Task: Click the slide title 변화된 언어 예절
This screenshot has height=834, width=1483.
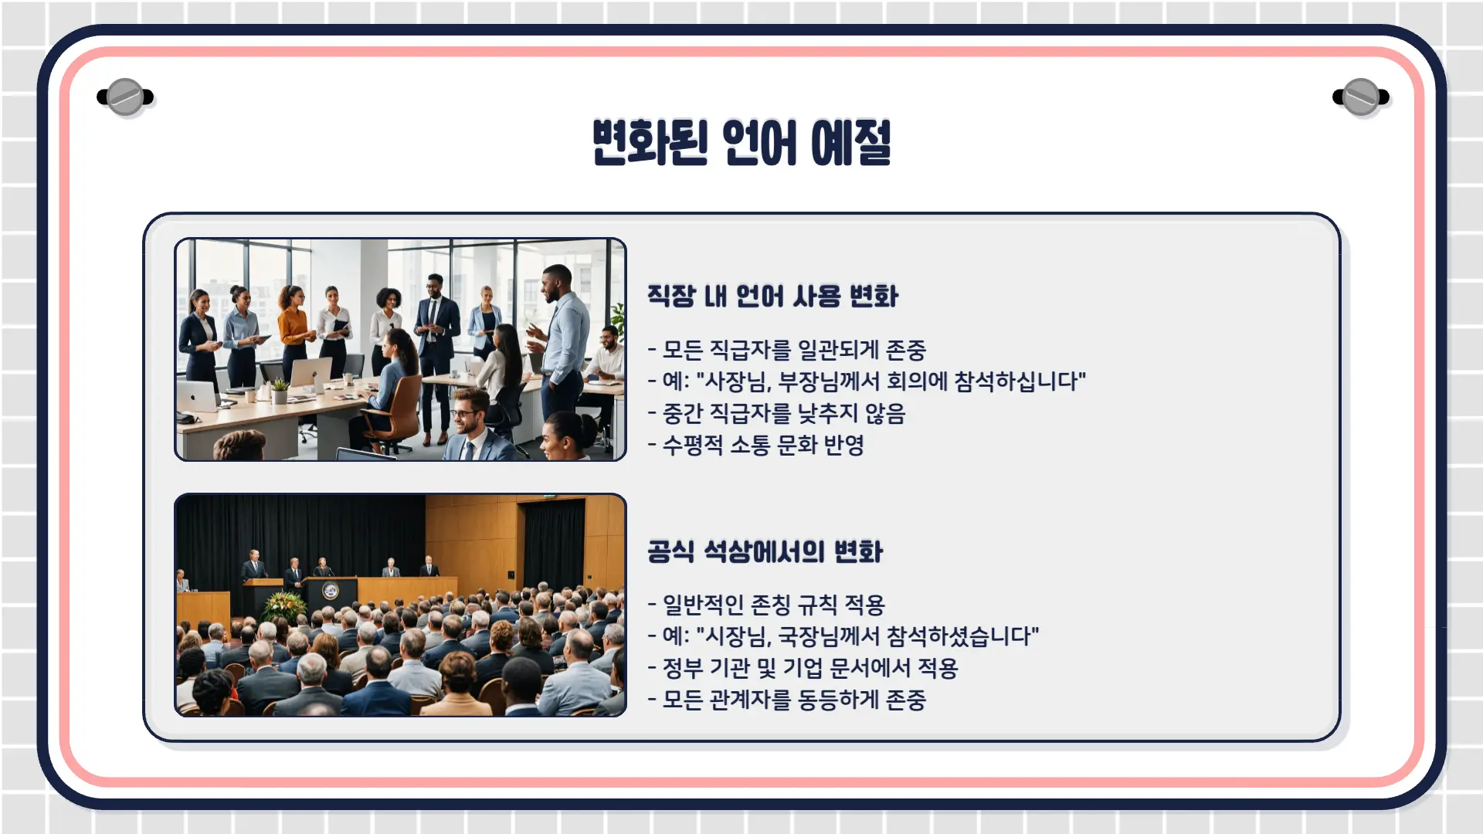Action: (741, 142)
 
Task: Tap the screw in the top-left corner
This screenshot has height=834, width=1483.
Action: (125, 97)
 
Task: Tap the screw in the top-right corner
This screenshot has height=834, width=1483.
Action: (1361, 97)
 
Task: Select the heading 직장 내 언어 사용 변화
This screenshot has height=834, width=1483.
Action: (772, 296)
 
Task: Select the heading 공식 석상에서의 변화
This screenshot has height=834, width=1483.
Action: (765, 551)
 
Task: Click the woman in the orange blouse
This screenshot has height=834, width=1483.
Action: (294, 332)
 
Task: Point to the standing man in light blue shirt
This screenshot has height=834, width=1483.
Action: (562, 347)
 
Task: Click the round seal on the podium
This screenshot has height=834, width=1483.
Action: (331, 592)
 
